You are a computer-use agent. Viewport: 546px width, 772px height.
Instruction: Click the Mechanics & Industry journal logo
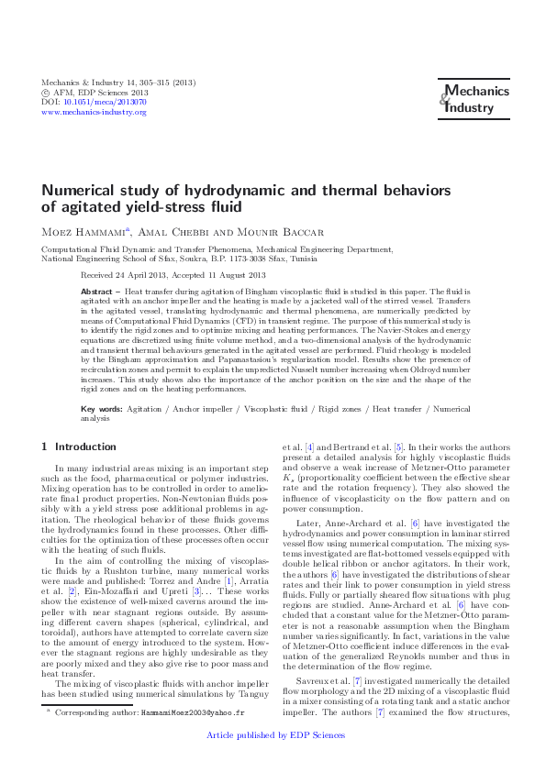pyautogui.click(x=468, y=98)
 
